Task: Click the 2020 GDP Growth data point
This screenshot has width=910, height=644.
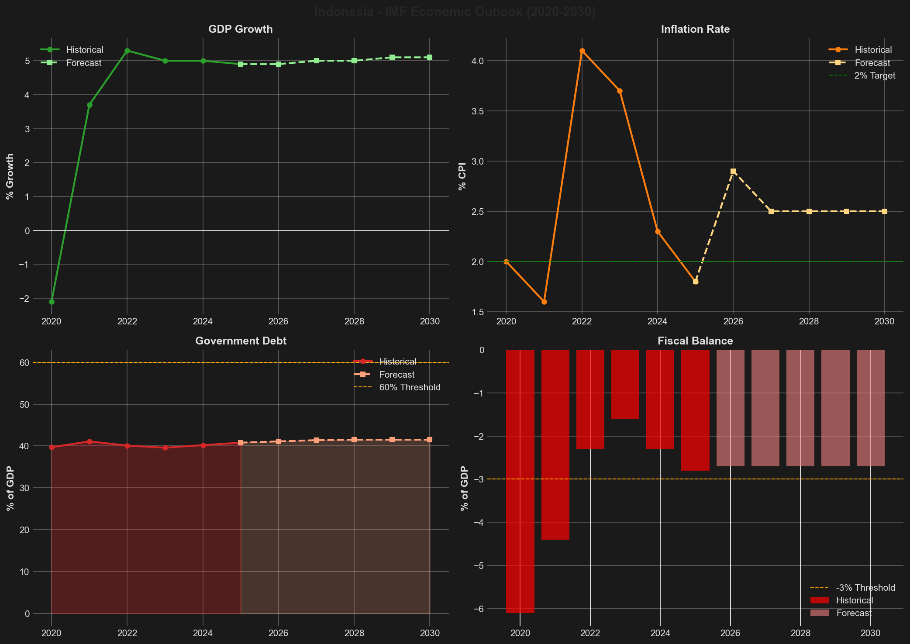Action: pyautogui.click(x=52, y=302)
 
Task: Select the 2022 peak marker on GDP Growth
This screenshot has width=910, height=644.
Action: pyautogui.click(x=127, y=51)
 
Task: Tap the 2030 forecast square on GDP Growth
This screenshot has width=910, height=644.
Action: pyautogui.click(x=430, y=57)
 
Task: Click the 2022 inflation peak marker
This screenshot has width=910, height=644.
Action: pyautogui.click(x=582, y=51)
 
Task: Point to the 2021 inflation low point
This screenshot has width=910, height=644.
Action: pyautogui.click(x=544, y=302)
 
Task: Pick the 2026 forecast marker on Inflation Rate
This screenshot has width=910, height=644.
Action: pyautogui.click(x=733, y=171)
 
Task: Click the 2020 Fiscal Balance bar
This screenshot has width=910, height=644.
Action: pyautogui.click(x=520, y=480)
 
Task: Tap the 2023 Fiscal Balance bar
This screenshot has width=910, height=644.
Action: pyautogui.click(x=625, y=384)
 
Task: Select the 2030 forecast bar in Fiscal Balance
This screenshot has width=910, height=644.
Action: pyautogui.click(x=871, y=408)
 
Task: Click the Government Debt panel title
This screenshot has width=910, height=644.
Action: pyautogui.click(x=241, y=341)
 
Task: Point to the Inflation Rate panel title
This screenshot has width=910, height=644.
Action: pyautogui.click(x=695, y=29)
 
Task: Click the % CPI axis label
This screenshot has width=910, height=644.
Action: pyautogui.click(x=462, y=176)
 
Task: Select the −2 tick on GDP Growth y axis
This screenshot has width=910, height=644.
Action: pyautogui.click(x=25, y=298)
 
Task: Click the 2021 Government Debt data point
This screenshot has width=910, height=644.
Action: pyautogui.click(x=90, y=441)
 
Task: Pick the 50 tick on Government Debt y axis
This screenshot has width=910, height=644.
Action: pyautogui.click(x=24, y=404)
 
